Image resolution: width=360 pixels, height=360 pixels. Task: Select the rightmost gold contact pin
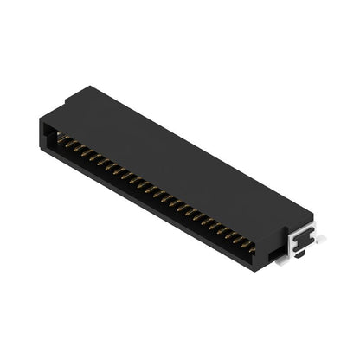(x=250, y=247)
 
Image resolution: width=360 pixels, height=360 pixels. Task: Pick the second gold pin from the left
(x=68, y=144)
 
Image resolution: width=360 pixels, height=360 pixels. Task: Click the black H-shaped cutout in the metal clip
(x=301, y=241)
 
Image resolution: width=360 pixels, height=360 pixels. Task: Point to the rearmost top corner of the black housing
(x=90, y=86)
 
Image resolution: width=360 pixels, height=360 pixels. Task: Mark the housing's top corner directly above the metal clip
(x=311, y=212)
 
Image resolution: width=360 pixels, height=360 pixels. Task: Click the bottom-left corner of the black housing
(x=41, y=148)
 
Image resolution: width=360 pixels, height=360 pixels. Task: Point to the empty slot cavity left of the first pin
(x=51, y=134)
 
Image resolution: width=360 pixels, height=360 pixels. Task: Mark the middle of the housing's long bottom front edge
(x=151, y=206)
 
